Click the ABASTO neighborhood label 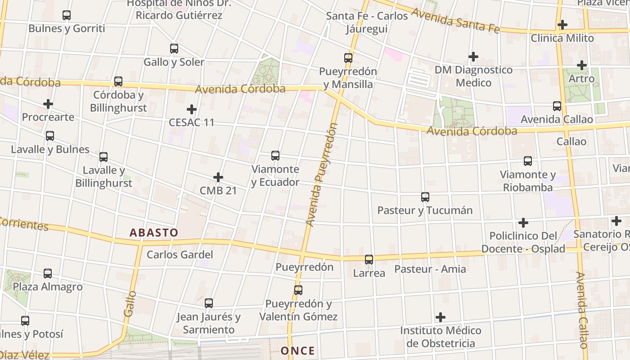click(x=154, y=233)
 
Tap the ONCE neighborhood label click(x=297, y=351)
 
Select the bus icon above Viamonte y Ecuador click(x=275, y=156)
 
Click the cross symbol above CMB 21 click(x=218, y=177)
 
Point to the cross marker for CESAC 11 click(x=192, y=109)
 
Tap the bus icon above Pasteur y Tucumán click(x=425, y=197)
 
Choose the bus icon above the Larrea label click(x=369, y=259)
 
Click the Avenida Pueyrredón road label click(x=321, y=175)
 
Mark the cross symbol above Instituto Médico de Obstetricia click(x=441, y=317)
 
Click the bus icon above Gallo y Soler click(x=174, y=49)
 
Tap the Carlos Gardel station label click(x=180, y=255)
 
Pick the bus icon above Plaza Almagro click(x=48, y=273)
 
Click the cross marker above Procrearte click(x=48, y=104)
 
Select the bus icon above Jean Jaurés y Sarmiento click(x=209, y=303)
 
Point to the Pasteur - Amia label click(x=430, y=269)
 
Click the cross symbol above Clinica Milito click(x=562, y=25)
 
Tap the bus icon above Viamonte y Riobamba click(x=528, y=161)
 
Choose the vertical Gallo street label click(x=130, y=303)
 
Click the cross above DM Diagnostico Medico click(x=473, y=57)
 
